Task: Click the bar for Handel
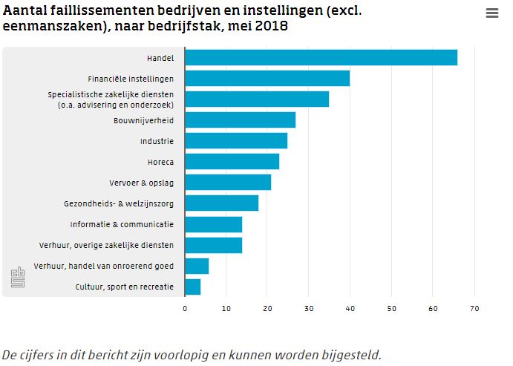321,58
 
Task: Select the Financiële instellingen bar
267,79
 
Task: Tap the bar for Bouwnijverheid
240,120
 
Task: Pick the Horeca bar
232,162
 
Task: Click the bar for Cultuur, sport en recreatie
192,287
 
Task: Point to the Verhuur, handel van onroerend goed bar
197,266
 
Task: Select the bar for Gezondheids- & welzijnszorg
221,203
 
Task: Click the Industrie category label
157,141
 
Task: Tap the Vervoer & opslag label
141,183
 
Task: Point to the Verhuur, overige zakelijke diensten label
106,245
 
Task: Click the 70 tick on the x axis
475,308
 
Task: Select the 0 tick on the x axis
185,308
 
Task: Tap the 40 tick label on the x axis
350,308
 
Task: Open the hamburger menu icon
491,13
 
